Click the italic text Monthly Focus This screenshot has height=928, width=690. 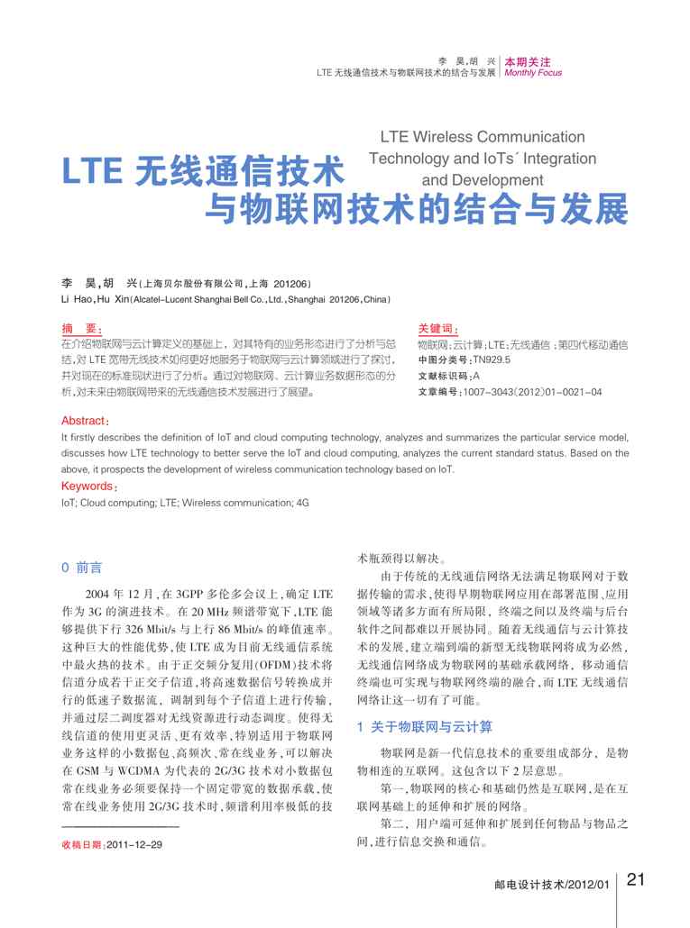[533, 73]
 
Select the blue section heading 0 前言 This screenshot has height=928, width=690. [81, 568]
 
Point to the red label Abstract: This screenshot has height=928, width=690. [86, 421]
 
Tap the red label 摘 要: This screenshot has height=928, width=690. [82, 329]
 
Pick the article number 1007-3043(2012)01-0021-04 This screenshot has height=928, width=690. [532, 392]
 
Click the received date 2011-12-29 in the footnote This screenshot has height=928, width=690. [135, 844]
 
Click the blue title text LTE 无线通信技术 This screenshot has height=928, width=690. [204, 171]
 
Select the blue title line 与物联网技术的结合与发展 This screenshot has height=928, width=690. [416, 211]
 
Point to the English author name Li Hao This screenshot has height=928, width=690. [76, 298]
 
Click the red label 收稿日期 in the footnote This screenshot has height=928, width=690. [82, 844]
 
